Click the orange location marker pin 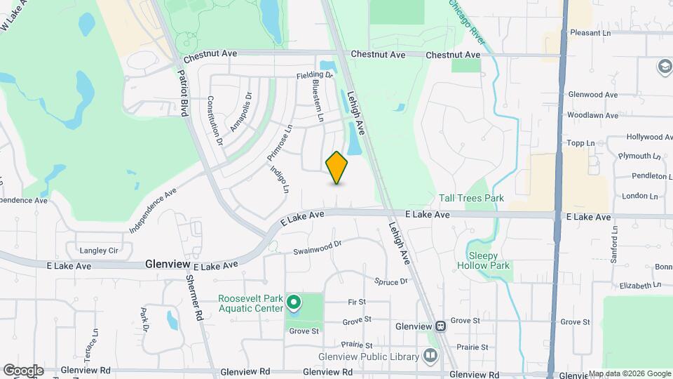click(337, 167)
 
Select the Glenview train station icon click(440, 326)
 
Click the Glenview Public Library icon click(430, 357)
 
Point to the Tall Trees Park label click(471, 199)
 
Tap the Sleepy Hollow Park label click(484, 260)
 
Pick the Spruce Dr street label click(391, 282)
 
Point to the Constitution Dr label click(215, 120)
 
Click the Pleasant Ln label click(590, 33)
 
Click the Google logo click(23, 370)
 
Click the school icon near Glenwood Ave click(663, 67)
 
